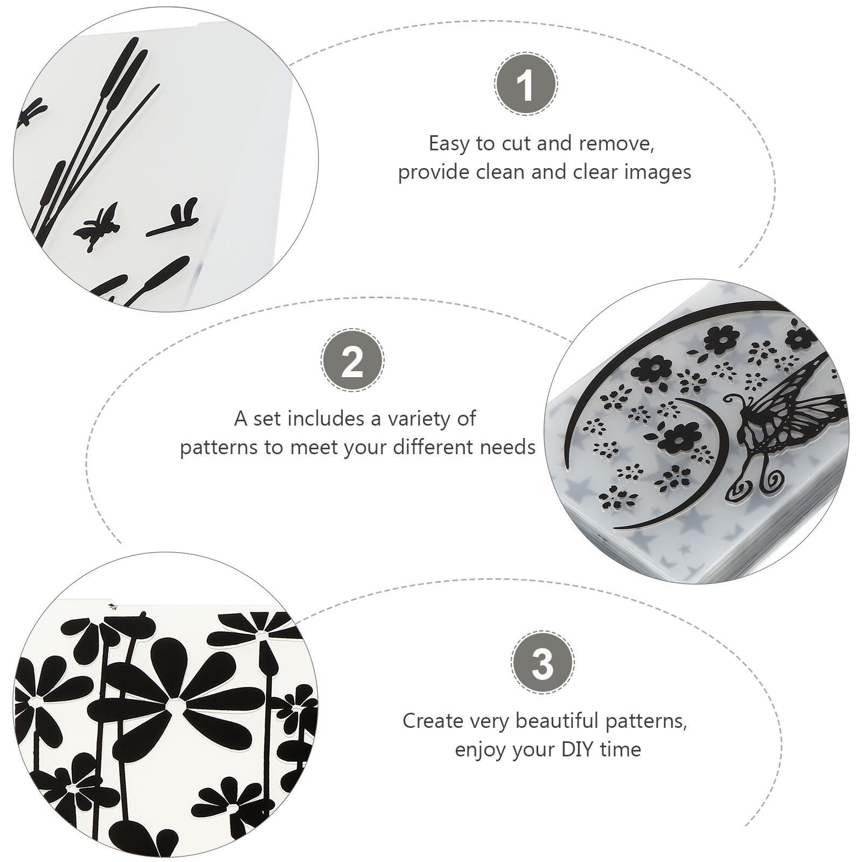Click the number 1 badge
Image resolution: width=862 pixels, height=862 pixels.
pyautogui.click(x=525, y=85)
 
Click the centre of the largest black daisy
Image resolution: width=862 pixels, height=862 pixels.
pyautogui.click(x=173, y=703)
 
